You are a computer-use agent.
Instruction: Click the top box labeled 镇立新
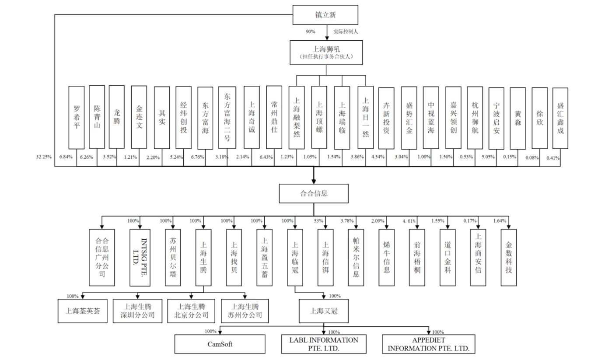[x=325, y=15]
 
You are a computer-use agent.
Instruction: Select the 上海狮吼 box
[x=326, y=52]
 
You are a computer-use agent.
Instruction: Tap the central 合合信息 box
[x=314, y=193]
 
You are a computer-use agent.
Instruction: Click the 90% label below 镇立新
[x=310, y=31]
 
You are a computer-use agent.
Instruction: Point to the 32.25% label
[x=44, y=157]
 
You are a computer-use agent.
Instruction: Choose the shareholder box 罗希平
[x=77, y=118]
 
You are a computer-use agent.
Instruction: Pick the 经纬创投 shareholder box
[x=184, y=118]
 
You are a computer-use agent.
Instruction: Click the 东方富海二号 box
[x=227, y=118]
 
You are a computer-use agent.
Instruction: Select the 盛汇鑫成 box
[x=560, y=118]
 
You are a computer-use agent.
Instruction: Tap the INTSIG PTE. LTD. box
[x=140, y=258]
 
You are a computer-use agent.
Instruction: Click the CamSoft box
[x=220, y=344]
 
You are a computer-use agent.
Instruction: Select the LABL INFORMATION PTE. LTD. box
[x=324, y=344]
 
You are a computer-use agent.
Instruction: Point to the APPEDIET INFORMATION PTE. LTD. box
[x=428, y=344]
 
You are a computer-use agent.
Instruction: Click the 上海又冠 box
[x=324, y=311]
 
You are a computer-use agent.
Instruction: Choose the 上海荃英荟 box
[x=83, y=311]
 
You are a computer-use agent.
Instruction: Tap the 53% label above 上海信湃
[x=318, y=221]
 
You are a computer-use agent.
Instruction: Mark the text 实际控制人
[x=345, y=31]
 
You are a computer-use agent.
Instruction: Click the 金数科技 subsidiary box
[x=508, y=258]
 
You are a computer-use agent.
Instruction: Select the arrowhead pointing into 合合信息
[x=314, y=182]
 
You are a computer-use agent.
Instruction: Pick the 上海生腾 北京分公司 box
[x=191, y=311]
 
